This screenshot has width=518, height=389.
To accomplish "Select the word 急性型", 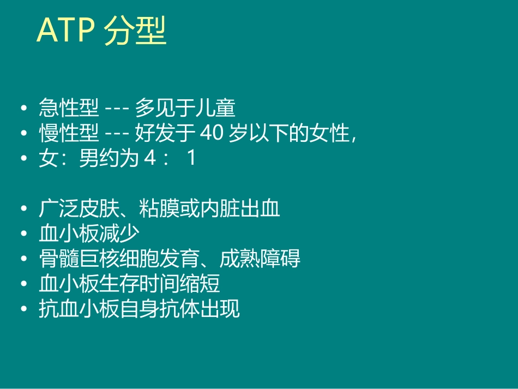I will pos(69,108).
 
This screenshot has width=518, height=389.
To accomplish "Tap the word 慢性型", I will pos(69,133).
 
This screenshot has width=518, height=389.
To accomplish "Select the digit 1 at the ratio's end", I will pos(191,159).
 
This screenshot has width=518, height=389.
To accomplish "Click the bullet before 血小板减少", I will pos(23,234).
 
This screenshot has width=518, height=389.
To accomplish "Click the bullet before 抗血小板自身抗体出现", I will pos(23,309).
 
